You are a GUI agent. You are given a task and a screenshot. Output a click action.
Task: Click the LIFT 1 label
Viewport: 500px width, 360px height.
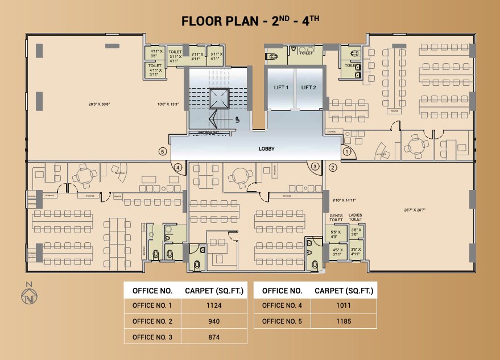coord(281,88)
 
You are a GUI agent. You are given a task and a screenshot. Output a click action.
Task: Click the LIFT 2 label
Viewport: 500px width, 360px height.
coord(308,88)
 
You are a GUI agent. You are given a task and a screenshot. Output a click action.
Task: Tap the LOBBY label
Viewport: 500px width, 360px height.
coord(266,148)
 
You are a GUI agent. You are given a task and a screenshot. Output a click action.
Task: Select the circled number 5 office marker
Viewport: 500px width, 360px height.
coord(163,152)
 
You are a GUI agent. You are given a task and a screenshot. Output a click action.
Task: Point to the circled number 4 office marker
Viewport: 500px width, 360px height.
coord(178,167)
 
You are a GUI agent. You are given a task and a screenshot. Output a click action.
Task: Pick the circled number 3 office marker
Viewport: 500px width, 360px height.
coord(314,166)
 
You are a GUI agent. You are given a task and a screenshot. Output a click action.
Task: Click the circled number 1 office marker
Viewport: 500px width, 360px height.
coord(346,152)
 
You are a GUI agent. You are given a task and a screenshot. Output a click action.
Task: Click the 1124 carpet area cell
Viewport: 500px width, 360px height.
coord(214,305)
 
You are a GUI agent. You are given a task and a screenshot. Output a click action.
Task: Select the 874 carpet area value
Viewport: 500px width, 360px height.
coord(214,337)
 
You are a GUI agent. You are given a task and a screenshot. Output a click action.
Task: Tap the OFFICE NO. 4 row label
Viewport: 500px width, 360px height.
coord(282,305)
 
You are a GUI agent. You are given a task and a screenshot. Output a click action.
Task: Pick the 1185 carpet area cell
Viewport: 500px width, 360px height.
coord(344,321)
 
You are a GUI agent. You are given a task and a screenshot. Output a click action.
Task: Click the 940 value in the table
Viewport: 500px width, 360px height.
coord(214,321)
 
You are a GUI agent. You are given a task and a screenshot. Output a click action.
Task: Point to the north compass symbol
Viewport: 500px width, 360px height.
coord(29,295)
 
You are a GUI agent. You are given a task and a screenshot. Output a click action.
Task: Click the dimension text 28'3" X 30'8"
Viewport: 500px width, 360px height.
coord(100,104)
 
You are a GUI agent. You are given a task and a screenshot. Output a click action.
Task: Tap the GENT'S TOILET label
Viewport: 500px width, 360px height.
coord(336,218)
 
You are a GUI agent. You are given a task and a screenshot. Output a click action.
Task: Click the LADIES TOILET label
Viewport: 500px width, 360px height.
coord(356,218)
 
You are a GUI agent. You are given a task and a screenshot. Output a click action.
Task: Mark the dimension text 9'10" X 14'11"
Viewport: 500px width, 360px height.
coord(344,200)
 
